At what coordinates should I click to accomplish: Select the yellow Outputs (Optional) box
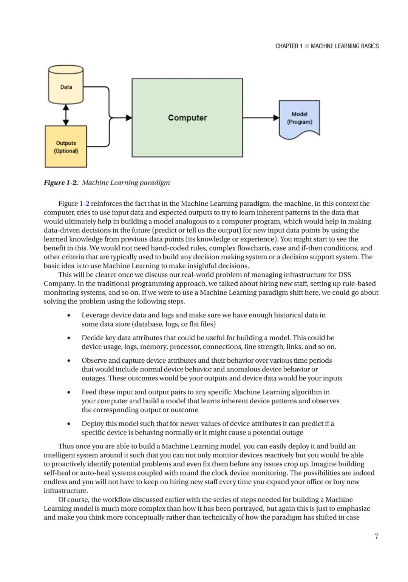click(x=66, y=147)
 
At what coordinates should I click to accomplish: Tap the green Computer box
click(x=187, y=118)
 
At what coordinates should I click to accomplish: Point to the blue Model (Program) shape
click(x=299, y=119)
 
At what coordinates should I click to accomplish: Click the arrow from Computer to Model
click(x=261, y=118)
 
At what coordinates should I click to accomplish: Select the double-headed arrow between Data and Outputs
click(x=66, y=115)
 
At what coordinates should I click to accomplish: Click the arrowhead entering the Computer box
click(x=128, y=118)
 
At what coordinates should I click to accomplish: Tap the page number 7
click(x=376, y=536)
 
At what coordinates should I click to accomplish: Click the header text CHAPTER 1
click(x=289, y=46)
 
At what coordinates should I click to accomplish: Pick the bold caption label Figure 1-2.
click(x=61, y=183)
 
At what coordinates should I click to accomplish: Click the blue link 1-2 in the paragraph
click(x=85, y=204)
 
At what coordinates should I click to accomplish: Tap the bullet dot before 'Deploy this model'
click(x=69, y=424)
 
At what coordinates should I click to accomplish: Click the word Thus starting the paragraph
click(x=66, y=447)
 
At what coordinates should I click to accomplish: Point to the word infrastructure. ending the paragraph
click(x=66, y=491)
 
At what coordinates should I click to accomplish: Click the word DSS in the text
click(x=345, y=275)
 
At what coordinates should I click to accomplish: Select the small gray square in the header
click(x=307, y=46)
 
